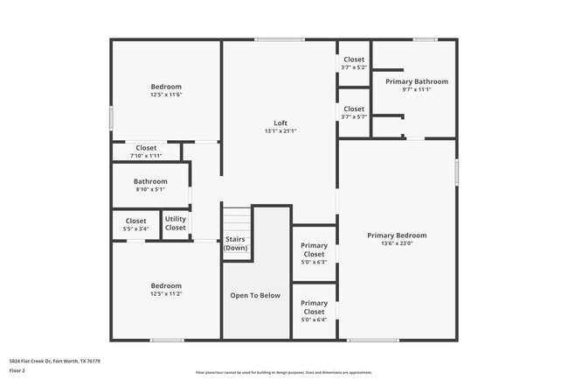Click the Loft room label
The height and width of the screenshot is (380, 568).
point(281,123)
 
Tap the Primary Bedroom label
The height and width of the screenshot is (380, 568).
point(397,235)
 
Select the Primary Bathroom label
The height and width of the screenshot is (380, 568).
point(416,81)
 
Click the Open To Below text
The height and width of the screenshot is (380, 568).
point(255,295)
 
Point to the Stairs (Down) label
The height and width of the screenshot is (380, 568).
point(236,243)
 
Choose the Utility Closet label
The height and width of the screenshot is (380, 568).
point(176,223)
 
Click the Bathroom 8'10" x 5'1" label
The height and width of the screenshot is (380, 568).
point(150,181)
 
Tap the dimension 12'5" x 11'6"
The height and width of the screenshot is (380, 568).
point(166,95)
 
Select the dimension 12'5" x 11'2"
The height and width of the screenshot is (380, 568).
point(166,294)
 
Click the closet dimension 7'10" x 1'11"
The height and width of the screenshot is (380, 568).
point(146,156)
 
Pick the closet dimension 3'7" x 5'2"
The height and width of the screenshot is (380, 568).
point(354,67)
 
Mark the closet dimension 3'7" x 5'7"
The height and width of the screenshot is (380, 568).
point(354,116)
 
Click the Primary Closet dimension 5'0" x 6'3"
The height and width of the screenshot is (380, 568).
point(315,262)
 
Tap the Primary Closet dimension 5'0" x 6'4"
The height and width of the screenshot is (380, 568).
point(315,320)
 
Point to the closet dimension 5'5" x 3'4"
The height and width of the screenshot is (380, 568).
point(136,229)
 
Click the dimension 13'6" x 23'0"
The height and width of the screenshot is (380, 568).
point(397,243)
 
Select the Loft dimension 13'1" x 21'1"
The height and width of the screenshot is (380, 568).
point(281,131)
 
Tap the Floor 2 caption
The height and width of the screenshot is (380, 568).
point(17,371)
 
